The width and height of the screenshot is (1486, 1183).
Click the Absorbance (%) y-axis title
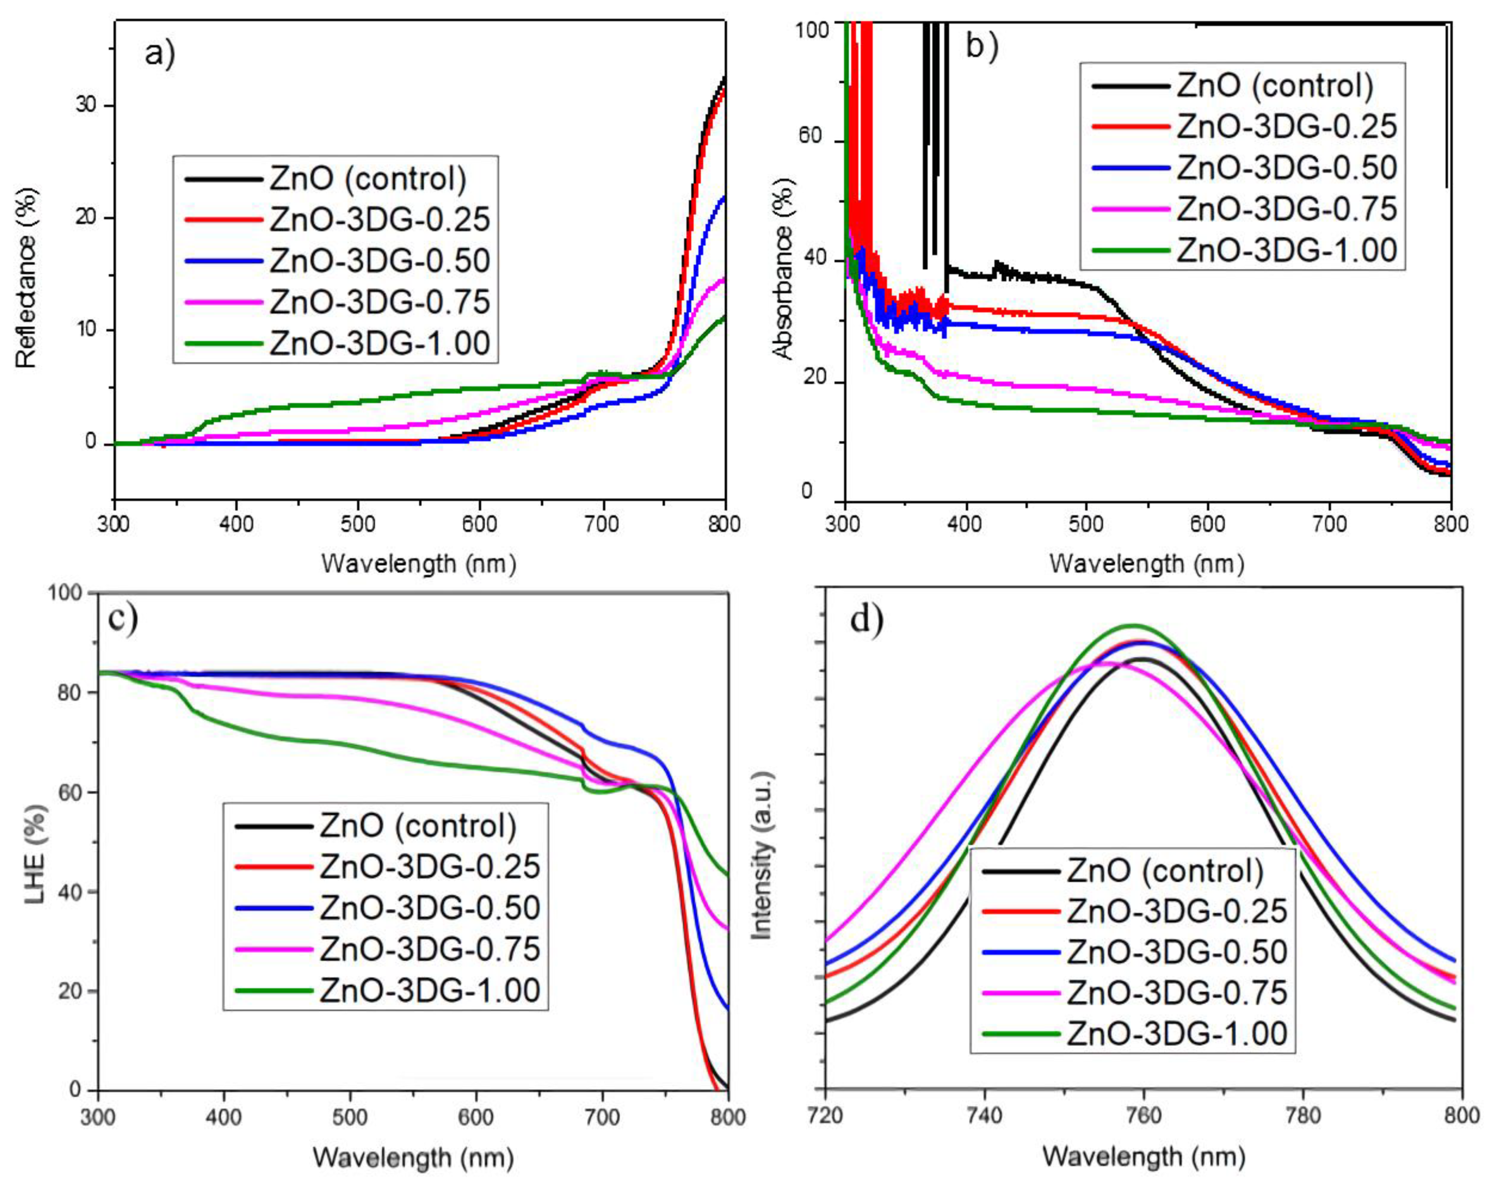click(x=784, y=269)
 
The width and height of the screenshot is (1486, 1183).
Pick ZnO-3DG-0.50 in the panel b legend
click(x=1286, y=168)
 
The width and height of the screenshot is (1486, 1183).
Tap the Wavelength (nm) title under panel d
click(x=1143, y=1156)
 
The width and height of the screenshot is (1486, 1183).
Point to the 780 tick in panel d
click(x=1303, y=1115)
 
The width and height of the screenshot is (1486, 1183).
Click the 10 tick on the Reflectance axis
click(x=86, y=329)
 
